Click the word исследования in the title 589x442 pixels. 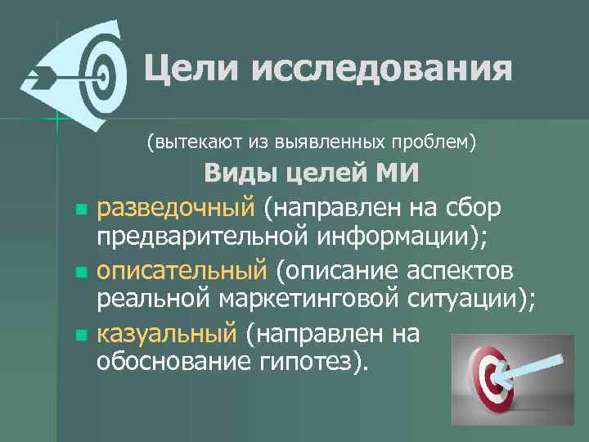[x=382, y=68]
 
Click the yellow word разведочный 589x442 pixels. [x=177, y=209]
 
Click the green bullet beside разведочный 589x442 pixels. [x=79, y=210]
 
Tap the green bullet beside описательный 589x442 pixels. [x=79, y=270]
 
